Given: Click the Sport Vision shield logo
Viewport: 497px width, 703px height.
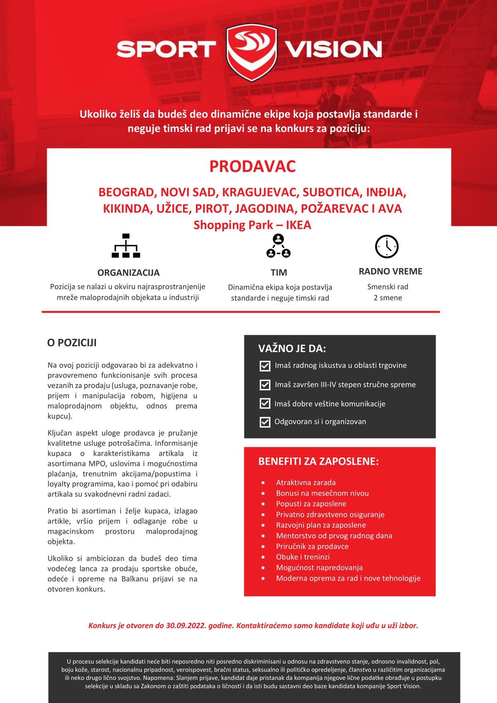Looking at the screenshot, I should click(x=251, y=52).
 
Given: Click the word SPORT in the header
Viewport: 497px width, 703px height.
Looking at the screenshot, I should click(x=166, y=49).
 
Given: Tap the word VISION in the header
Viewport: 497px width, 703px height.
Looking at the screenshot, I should click(x=333, y=49).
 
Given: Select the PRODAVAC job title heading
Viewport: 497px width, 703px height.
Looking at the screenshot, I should click(x=252, y=167).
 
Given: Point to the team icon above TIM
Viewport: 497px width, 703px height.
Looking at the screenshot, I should click(x=278, y=246).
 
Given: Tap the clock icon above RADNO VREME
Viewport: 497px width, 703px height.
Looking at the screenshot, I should click(x=386, y=246).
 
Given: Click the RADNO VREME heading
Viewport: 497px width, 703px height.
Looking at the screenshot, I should click(x=390, y=271).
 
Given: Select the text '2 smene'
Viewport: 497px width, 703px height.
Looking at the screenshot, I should click(x=388, y=298).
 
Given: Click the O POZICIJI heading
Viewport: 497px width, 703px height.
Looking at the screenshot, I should click(x=72, y=343).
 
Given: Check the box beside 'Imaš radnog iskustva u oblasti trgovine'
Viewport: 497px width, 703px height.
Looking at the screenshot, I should click(x=265, y=366).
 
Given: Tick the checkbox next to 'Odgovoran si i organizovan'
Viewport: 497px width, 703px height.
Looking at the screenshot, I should click(x=265, y=422).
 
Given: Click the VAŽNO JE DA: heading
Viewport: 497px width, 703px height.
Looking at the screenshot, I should click(x=292, y=348).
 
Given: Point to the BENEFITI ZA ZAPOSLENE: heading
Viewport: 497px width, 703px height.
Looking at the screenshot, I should click(x=318, y=461).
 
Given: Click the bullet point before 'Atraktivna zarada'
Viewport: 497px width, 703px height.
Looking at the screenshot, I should click(x=263, y=483).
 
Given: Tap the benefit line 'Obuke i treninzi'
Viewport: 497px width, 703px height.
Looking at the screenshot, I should click(x=303, y=557).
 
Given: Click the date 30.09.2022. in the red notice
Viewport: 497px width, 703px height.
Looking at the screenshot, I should click(x=186, y=626).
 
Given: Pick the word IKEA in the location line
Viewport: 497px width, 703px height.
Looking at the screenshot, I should click(x=298, y=225).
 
